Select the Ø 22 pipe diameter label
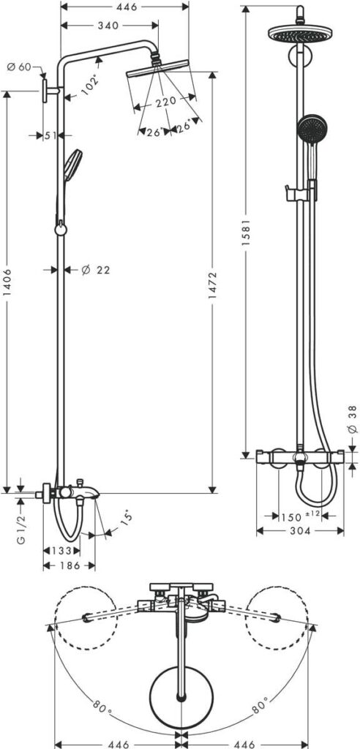(95, 270)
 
